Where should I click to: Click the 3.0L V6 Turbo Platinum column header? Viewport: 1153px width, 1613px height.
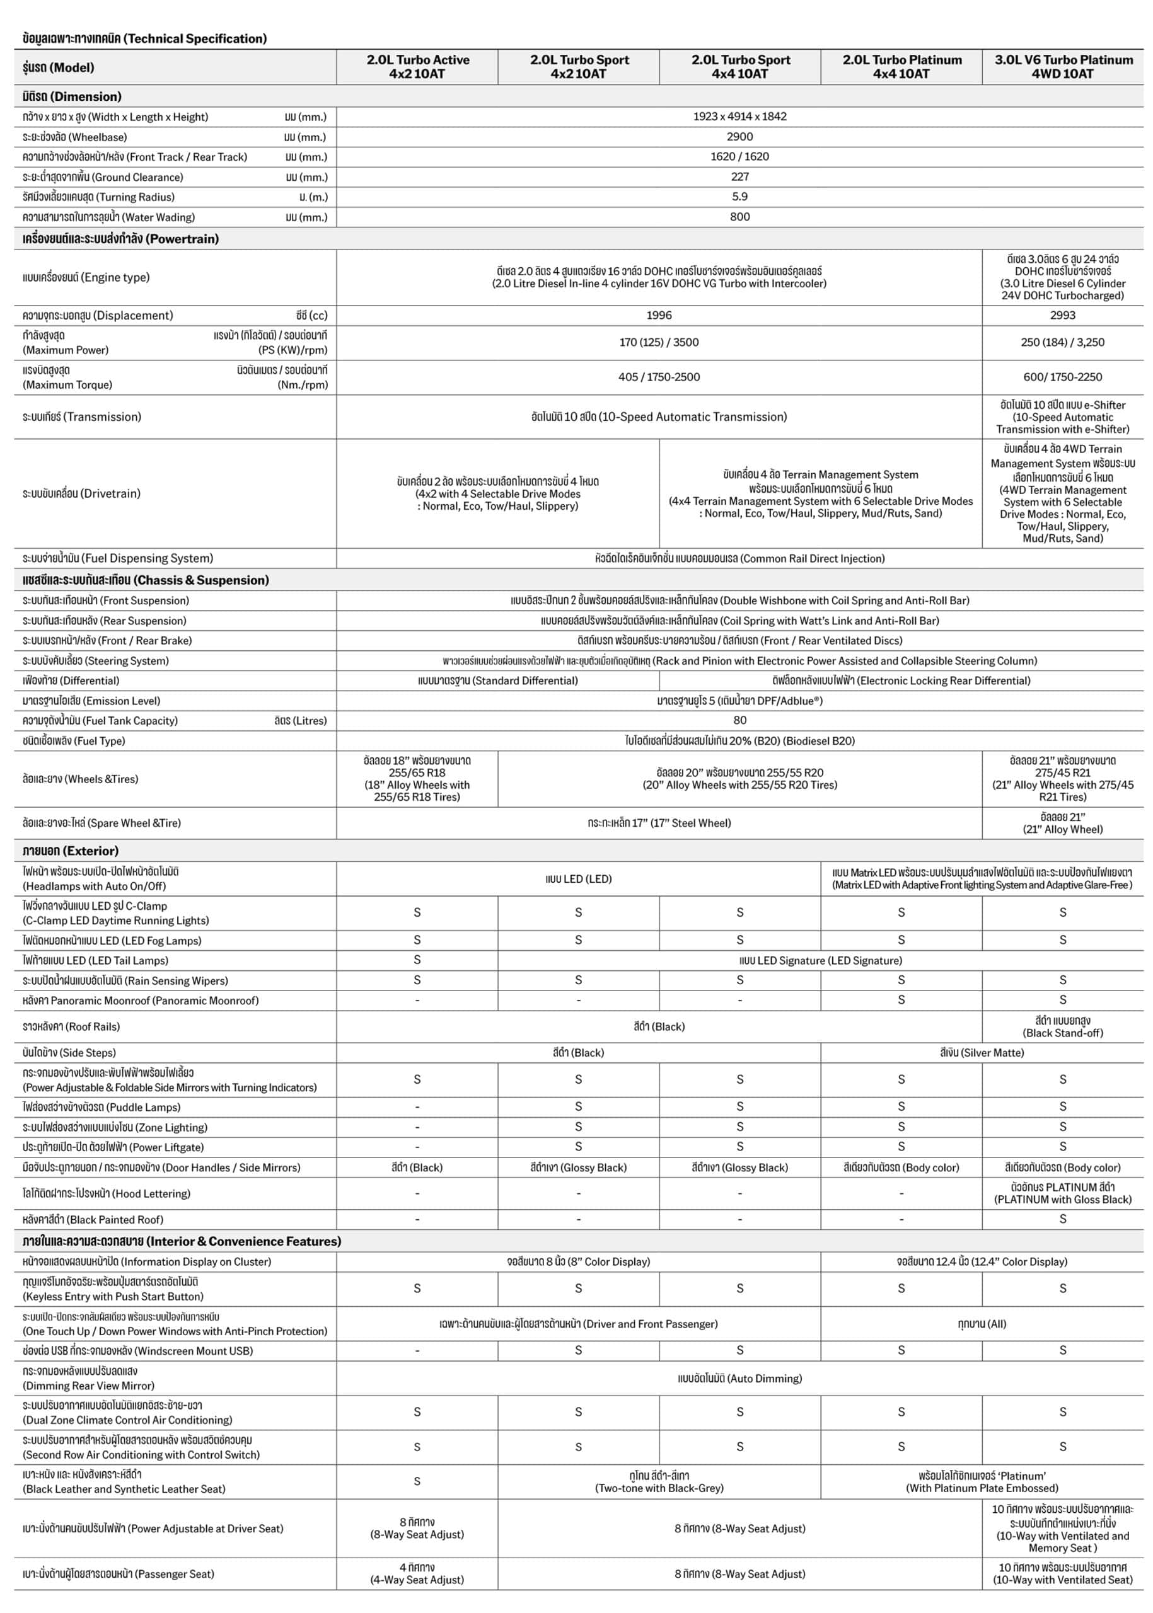(x=1063, y=67)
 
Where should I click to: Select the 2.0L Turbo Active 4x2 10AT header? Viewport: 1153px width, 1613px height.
(x=417, y=67)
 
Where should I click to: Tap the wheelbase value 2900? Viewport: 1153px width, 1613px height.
(x=740, y=136)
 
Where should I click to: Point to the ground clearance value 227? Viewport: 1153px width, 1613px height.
(x=740, y=176)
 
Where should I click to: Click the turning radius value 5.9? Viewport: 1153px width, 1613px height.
(x=740, y=197)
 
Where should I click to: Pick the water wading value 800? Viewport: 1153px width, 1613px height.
(x=740, y=217)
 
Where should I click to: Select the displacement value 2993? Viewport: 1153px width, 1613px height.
(x=1063, y=315)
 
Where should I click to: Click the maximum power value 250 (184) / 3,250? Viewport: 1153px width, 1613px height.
(x=1063, y=342)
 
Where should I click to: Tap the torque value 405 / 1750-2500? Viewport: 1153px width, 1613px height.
(x=659, y=377)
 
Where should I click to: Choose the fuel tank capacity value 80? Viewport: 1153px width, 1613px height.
(x=740, y=720)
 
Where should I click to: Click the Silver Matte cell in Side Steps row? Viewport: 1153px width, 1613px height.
(x=982, y=1052)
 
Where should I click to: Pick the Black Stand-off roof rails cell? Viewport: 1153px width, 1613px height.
(x=1063, y=1027)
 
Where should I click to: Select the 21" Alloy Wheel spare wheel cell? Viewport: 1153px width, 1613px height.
(x=1063, y=823)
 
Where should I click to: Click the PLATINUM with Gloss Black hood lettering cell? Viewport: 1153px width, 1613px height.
(x=1063, y=1193)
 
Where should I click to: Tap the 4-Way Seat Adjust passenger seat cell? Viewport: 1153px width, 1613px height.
(x=417, y=1573)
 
